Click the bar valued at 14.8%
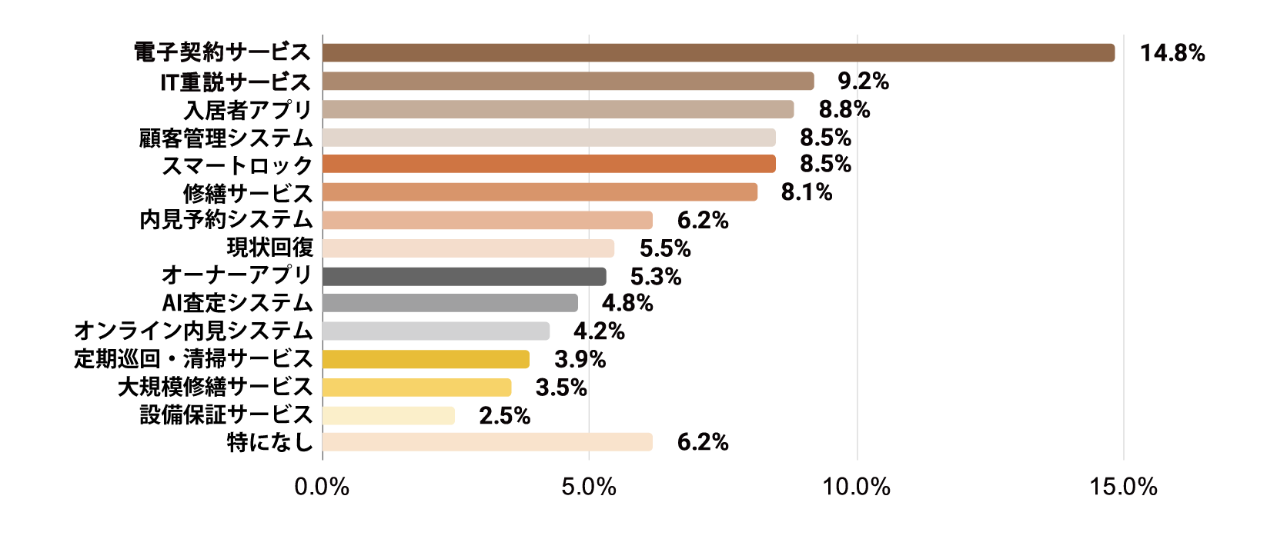718,53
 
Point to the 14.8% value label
1172,53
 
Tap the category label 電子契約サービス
222,52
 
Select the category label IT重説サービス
236,82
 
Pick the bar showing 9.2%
568,82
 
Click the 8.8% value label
844,109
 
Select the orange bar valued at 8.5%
549,164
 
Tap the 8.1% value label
807,192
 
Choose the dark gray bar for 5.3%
464,277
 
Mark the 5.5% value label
665,248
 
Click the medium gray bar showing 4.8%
450,303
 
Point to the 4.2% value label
599,331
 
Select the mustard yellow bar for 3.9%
426,359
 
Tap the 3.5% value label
561,388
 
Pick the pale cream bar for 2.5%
389,416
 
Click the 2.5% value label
504,416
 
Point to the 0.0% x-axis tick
322,486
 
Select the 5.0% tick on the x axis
589,486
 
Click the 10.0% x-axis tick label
857,486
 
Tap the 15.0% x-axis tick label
1124,486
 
